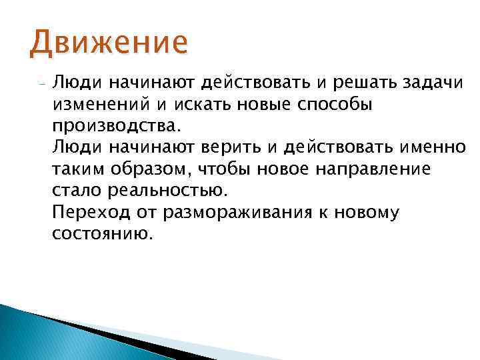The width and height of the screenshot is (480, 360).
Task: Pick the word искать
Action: pos(199,104)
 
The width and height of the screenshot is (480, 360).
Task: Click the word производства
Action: pos(114,126)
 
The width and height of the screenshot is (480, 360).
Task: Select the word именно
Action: pos(434,147)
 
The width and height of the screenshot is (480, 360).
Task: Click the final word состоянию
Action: pos(101,234)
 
